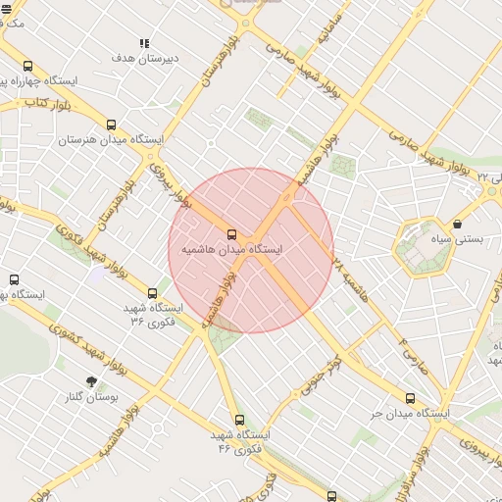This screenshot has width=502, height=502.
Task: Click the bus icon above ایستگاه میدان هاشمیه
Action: pyautogui.click(x=231, y=234)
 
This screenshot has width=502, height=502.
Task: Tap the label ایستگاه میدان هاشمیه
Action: pyautogui.click(x=231, y=250)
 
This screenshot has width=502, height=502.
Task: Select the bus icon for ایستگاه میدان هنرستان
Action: pyautogui.click(x=111, y=125)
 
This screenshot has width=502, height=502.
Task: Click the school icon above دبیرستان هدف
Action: pyautogui.click(x=144, y=43)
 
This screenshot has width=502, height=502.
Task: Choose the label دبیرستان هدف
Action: pyautogui.click(x=144, y=58)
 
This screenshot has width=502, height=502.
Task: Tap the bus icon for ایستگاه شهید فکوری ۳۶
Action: pyautogui.click(x=151, y=292)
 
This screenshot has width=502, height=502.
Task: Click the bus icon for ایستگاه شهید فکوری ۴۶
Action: pyautogui.click(x=239, y=420)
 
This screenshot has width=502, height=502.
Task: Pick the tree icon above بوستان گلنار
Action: pyautogui.click(x=92, y=381)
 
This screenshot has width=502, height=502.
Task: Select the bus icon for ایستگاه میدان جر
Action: pyautogui.click(x=410, y=398)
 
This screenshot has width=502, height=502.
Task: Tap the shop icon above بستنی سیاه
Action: pyautogui.click(x=457, y=224)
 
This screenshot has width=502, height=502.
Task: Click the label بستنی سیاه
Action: pyautogui.click(x=459, y=239)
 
